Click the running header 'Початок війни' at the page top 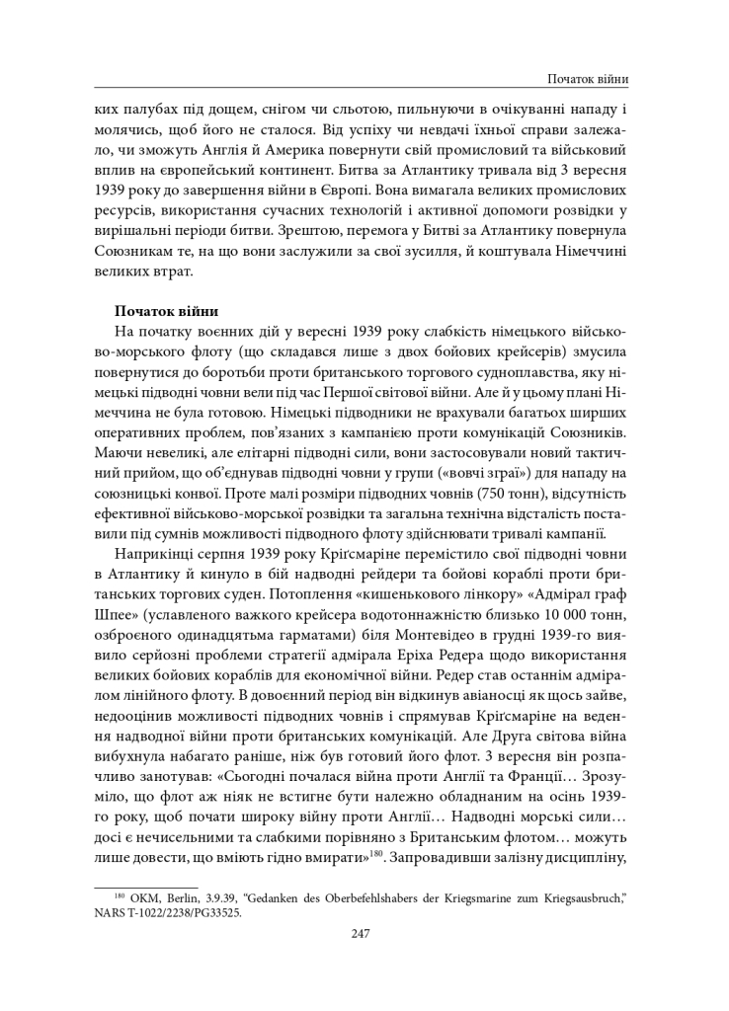(x=589, y=79)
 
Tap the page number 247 (x=361, y=933)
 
